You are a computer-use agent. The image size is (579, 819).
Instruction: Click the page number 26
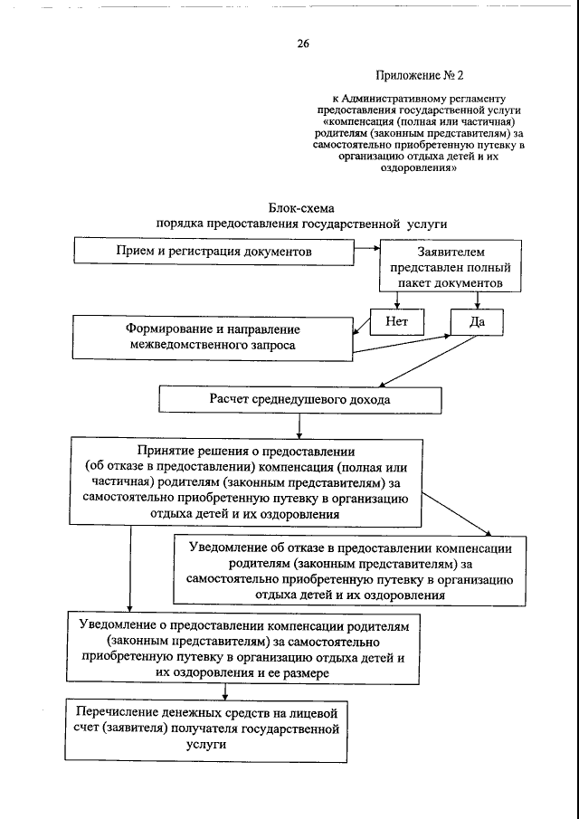(x=302, y=43)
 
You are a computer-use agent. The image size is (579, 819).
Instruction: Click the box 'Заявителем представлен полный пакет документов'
(x=450, y=267)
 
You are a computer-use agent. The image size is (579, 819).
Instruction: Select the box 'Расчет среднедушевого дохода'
(x=301, y=398)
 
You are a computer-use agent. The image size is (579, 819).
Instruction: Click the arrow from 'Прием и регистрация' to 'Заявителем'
(x=365, y=250)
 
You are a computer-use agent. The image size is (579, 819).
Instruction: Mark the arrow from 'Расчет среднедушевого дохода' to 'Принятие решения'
(x=299, y=424)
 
